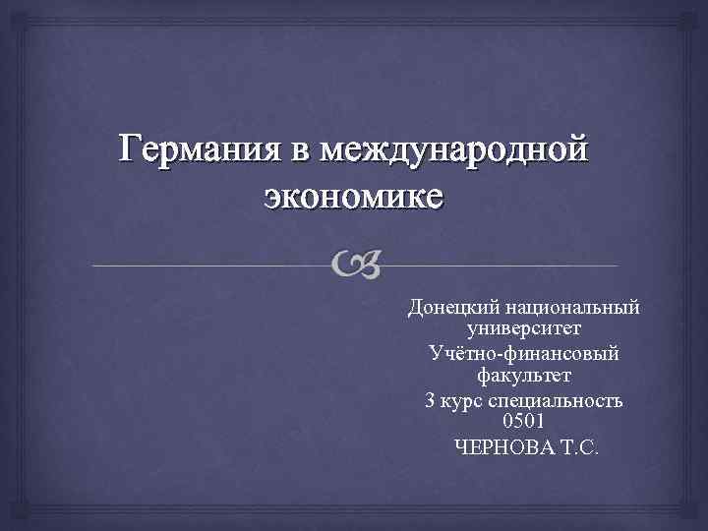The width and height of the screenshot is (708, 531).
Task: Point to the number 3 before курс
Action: pyautogui.click(x=430, y=400)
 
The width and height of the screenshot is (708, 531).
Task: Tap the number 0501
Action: pyautogui.click(x=523, y=422)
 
